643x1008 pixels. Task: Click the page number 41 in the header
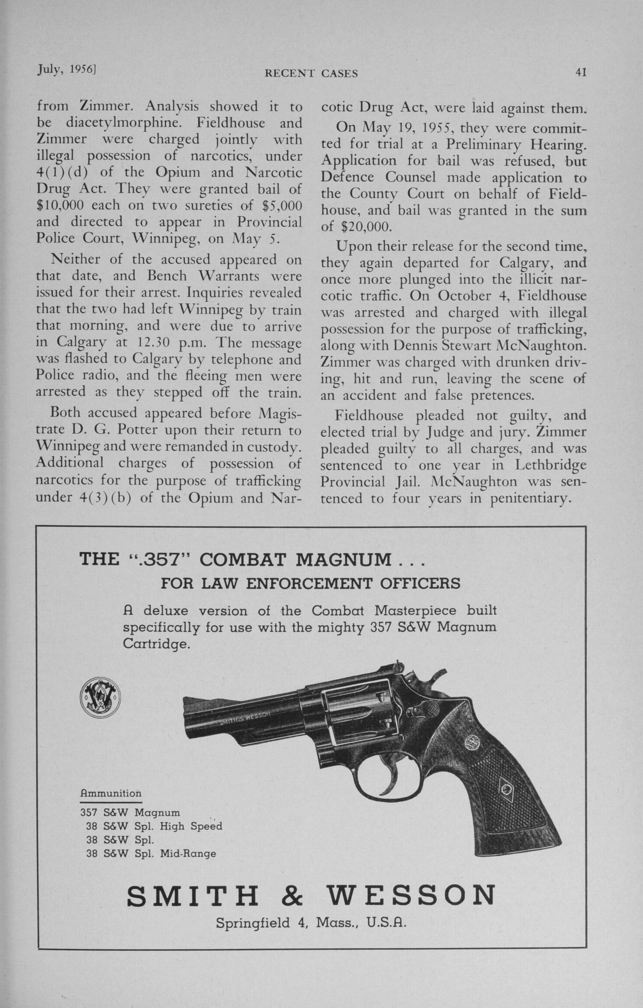(581, 72)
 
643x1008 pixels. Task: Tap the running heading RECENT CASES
(311, 74)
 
